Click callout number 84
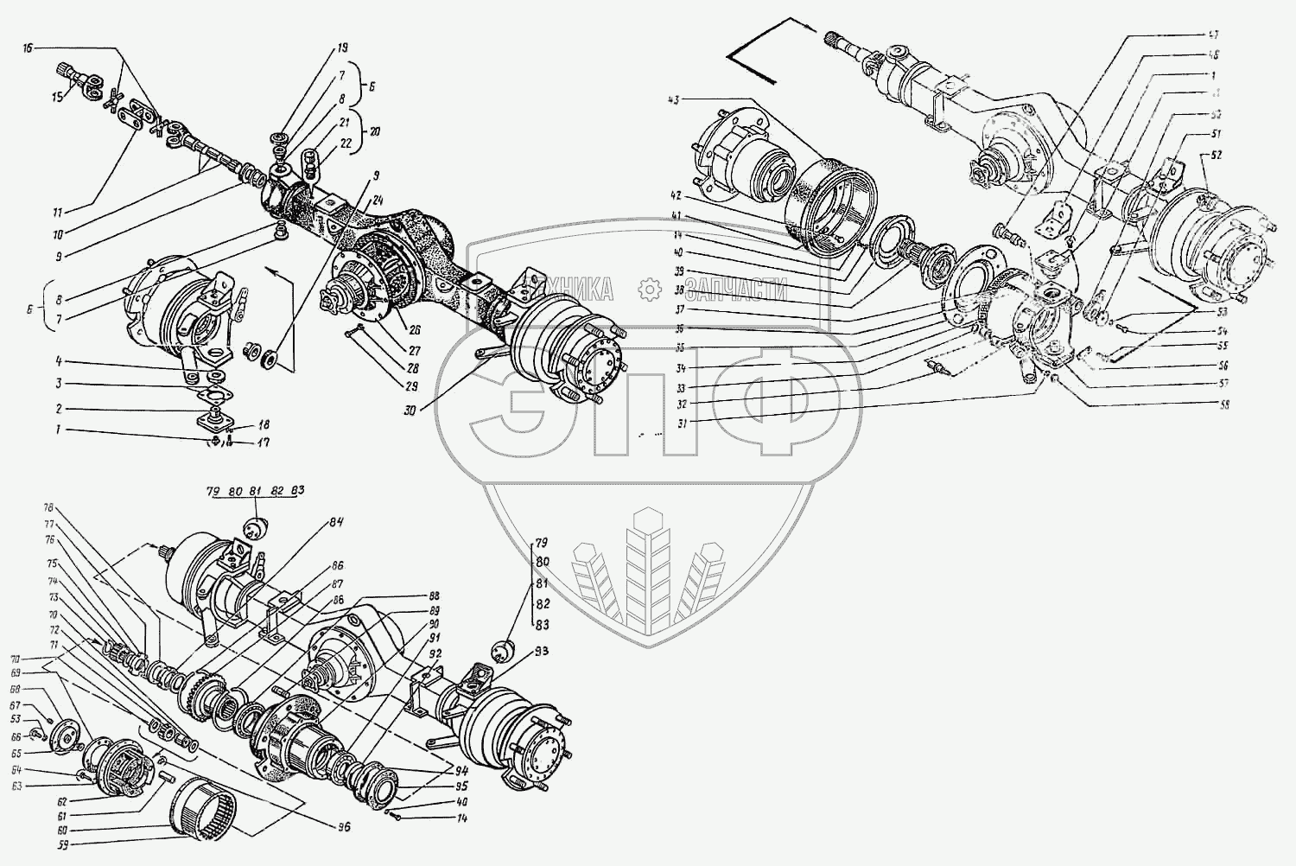pos(336,522)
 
